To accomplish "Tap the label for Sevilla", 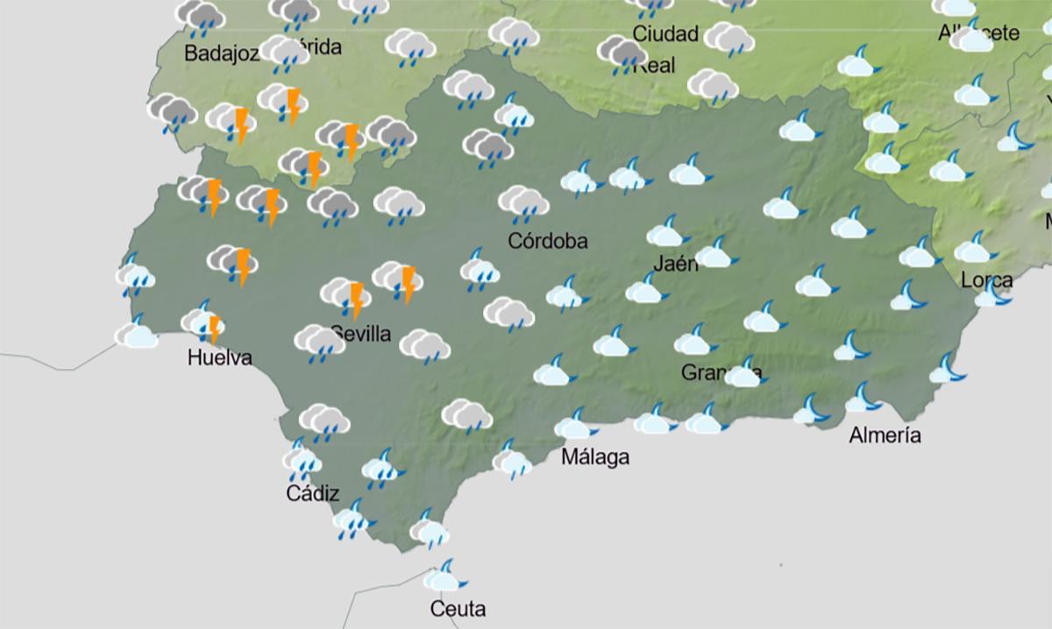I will tap(361, 334).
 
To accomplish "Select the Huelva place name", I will tap(220, 357).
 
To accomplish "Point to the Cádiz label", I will tap(313, 494).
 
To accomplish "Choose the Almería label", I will tap(885, 435).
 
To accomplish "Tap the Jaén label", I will tap(676, 263).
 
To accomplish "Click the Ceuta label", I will tap(458, 608).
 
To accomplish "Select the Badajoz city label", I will tap(222, 53).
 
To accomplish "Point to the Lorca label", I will tap(987, 280).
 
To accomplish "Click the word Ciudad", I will tap(665, 34).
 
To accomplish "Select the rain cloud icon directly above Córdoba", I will tap(523, 204).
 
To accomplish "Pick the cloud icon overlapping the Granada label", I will tap(743, 373).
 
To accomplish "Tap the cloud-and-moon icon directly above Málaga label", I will tap(575, 426).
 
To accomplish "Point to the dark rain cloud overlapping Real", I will tap(622, 54).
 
